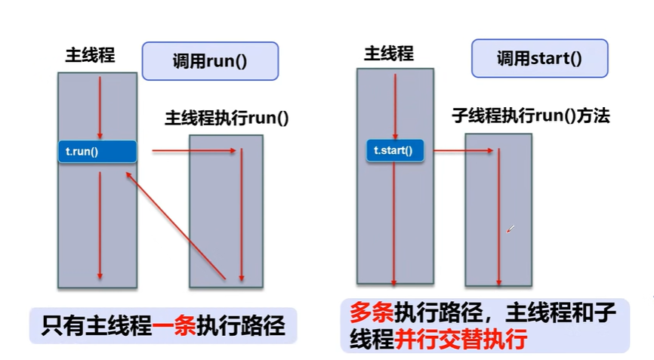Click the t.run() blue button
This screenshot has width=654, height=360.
(97, 152)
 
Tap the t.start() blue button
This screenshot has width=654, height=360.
(394, 150)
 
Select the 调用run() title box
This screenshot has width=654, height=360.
(210, 61)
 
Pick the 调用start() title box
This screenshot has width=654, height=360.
(539, 59)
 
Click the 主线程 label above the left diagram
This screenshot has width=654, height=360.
(90, 56)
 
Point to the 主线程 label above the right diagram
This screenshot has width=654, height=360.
(389, 54)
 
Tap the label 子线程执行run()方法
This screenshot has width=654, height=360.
(530, 116)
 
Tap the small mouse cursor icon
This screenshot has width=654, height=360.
(510, 229)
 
